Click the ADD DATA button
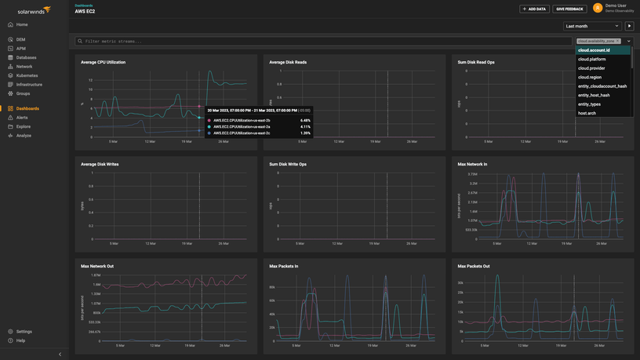click(x=534, y=9)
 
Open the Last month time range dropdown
click(x=593, y=26)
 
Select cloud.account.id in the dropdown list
click(x=594, y=50)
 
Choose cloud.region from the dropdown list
click(x=590, y=77)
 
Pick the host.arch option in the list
click(x=587, y=113)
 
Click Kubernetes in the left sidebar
click(x=27, y=75)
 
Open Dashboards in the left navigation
click(x=27, y=108)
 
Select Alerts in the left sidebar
click(x=22, y=118)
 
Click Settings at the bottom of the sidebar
click(x=24, y=332)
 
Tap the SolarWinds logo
click(x=29, y=10)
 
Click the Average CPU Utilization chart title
click(x=103, y=62)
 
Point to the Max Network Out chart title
click(x=96, y=266)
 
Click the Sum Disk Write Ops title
click(x=288, y=165)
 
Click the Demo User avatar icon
click(x=598, y=8)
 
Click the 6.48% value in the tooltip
click(x=305, y=120)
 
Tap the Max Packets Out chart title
click(x=475, y=266)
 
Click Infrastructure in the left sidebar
click(x=29, y=85)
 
